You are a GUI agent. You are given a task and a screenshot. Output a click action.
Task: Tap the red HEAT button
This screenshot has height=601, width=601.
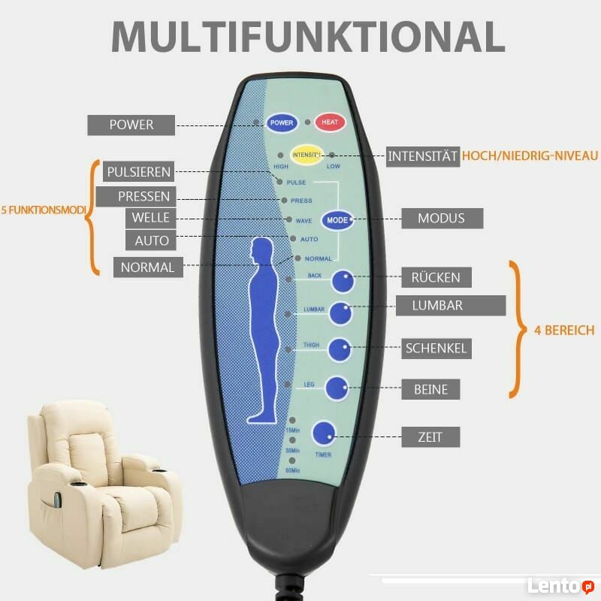[330, 122]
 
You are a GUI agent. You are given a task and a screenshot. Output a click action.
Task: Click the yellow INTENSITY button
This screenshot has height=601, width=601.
[307, 154]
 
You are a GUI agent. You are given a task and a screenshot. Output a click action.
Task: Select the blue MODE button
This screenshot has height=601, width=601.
[337, 221]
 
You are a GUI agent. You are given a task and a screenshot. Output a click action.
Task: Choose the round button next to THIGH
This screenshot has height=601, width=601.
[339, 349]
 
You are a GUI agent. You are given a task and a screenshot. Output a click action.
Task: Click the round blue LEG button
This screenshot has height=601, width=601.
[337, 388]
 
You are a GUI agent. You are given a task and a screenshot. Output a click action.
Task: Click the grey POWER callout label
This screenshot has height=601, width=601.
[131, 125]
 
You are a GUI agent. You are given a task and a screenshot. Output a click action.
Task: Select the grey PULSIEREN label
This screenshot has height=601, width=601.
[139, 171]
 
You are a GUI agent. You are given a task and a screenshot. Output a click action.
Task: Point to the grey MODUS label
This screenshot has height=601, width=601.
[441, 219]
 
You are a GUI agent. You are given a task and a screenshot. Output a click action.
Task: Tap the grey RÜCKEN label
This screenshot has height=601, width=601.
[436, 277]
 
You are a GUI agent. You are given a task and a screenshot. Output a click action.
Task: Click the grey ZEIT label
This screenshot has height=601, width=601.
[430, 436]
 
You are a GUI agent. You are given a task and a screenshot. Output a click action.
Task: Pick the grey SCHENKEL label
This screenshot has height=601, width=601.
[436, 348]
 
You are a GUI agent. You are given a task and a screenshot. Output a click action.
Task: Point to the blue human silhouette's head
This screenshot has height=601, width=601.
[262, 250]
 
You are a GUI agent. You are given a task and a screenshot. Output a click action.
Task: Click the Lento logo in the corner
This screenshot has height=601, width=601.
[560, 586]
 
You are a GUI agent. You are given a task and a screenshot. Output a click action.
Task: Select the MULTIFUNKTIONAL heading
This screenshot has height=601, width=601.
[308, 35]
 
